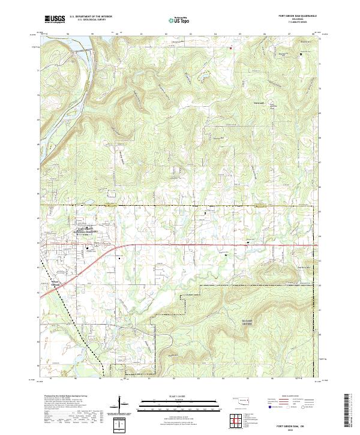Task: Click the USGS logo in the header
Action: pos(55,20)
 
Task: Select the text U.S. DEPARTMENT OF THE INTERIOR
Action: pos(90,17)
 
